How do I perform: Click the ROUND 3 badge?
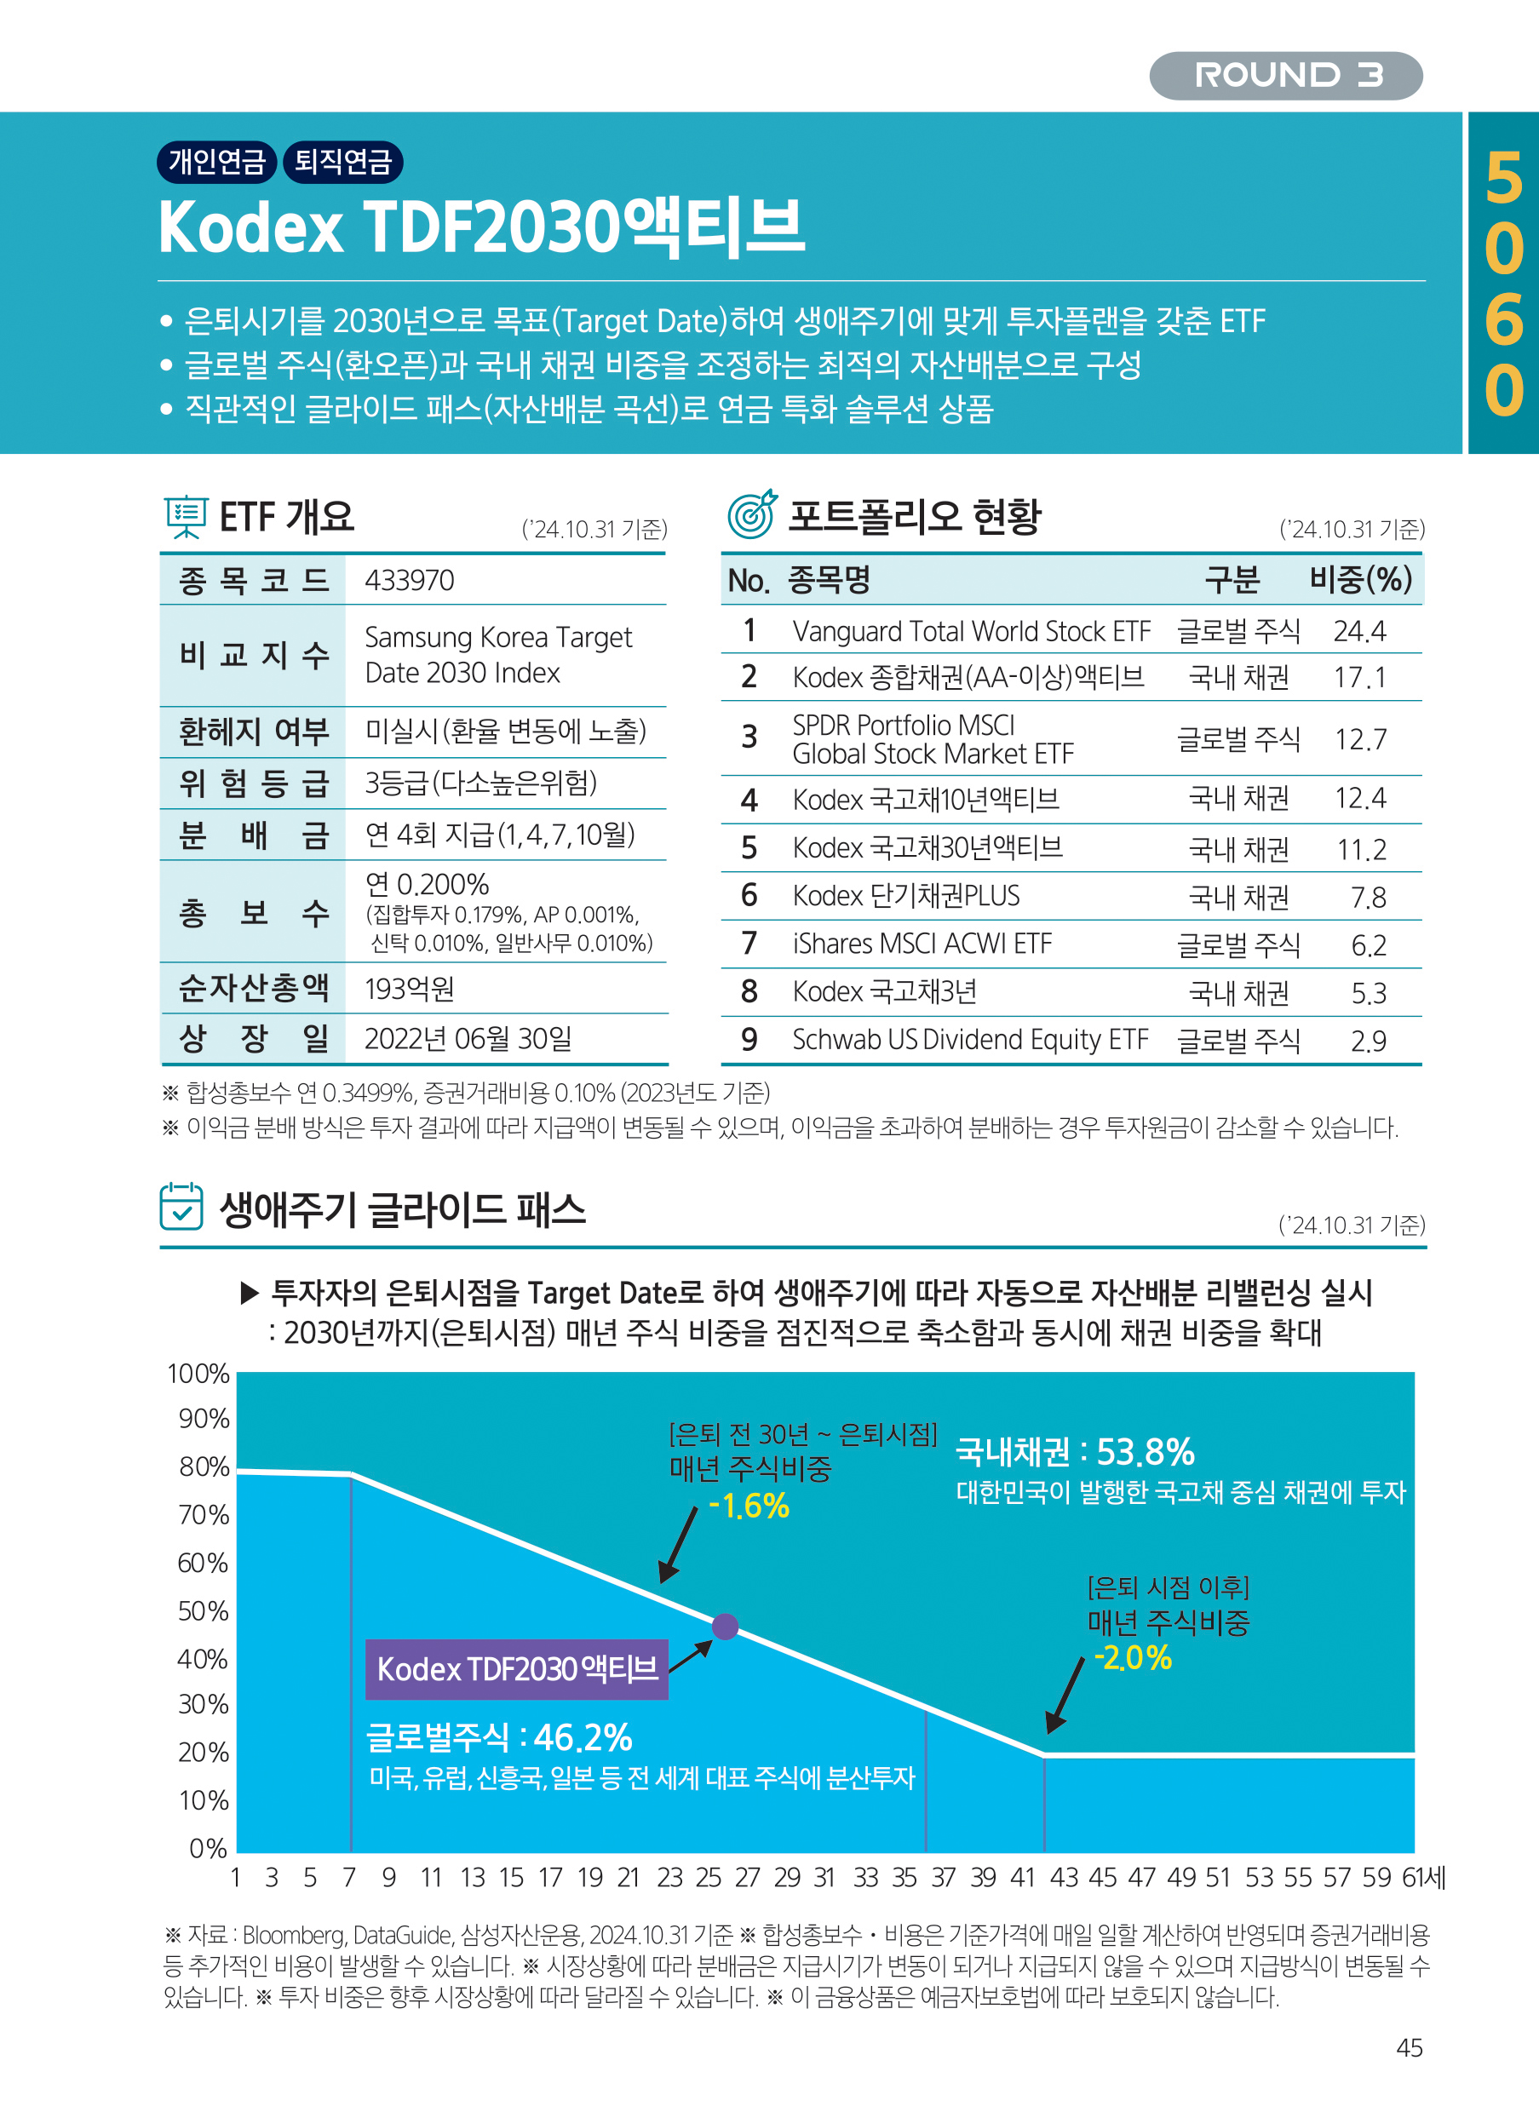click(1285, 76)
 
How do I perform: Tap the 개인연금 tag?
click(217, 161)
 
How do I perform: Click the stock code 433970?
click(409, 581)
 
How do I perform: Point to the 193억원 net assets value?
click(409, 989)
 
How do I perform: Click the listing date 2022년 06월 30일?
click(468, 1038)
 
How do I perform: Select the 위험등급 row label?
click(254, 783)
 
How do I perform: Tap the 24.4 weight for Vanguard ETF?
click(1359, 632)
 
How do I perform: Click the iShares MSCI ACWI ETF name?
click(922, 944)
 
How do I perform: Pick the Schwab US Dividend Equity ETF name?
click(970, 1040)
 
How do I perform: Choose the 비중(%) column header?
click(1360, 579)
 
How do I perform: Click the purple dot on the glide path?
click(725, 1627)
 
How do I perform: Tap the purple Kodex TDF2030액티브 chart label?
click(517, 1668)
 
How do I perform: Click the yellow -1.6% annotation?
click(749, 1507)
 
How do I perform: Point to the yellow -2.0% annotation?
click(1132, 1658)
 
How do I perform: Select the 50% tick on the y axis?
click(203, 1610)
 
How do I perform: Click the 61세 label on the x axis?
click(1423, 1877)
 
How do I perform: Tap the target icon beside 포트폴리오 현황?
click(751, 514)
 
